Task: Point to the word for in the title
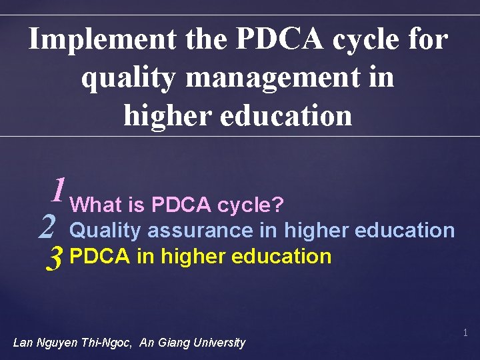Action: (428, 40)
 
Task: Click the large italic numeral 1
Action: (59, 190)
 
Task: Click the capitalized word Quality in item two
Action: (105, 231)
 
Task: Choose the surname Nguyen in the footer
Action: (58, 343)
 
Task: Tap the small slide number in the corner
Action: (465, 332)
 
